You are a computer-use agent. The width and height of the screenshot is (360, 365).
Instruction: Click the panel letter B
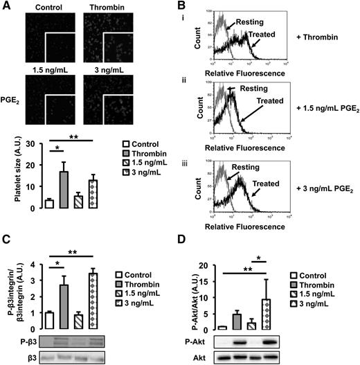coord(188,6)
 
